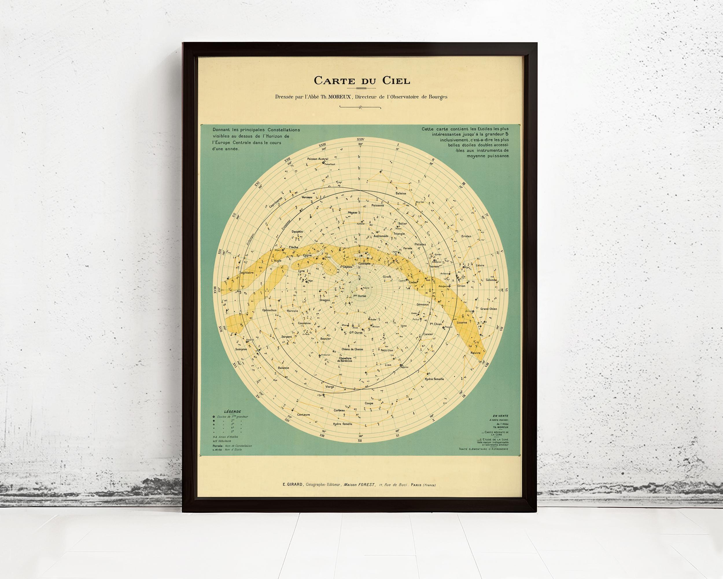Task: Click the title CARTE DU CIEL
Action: (x=361, y=81)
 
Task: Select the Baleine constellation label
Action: (x=401, y=193)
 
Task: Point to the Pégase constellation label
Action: (x=353, y=212)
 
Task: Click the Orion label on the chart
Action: (x=462, y=286)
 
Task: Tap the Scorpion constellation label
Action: (x=241, y=349)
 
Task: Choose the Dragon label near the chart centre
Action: (x=324, y=300)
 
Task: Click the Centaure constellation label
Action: (x=303, y=415)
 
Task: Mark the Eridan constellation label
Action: (x=466, y=236)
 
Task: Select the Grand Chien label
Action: (x=488, y=309)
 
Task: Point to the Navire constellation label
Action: (x=475, y=353)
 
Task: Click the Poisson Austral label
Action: (x=318, y=159)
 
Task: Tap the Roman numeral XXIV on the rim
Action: (x=361, y=139)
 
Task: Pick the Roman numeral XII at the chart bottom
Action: (x=360, y=440)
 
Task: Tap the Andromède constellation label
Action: (x=381, y=236)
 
